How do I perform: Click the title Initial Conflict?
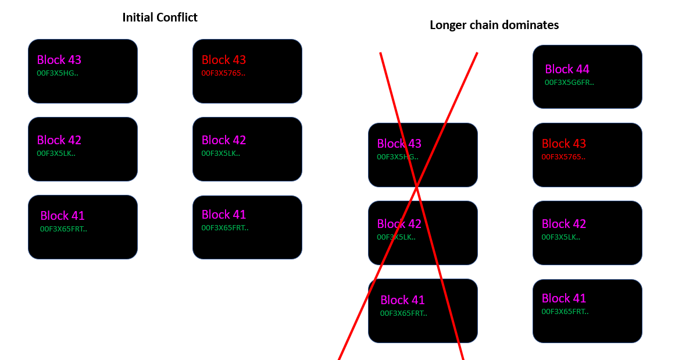coord(159,17)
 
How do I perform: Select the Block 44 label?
coord(567,69)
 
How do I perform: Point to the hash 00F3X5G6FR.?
coord(569,83)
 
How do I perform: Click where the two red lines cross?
coord(417,186)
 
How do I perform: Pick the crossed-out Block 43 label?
coord(399,144)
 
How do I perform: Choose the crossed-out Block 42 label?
coord(399,224)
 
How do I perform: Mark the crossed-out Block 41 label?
coord(402,300)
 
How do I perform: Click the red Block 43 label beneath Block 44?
coord(564,144)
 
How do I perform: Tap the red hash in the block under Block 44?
coord(563,157)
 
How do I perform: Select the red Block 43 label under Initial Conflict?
coord(224,60)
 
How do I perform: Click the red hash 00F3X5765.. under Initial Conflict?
coord(223,73)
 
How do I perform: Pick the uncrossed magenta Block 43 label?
coord(59,60)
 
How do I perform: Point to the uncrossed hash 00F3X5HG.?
coord(57,73)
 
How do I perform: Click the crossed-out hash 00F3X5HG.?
coord(397,157)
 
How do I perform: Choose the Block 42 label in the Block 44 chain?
coord(564,224)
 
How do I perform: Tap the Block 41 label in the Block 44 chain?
coord(564,298)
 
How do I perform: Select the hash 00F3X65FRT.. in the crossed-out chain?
coord(403,313)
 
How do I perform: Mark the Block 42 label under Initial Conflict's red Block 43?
coord(224,140)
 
